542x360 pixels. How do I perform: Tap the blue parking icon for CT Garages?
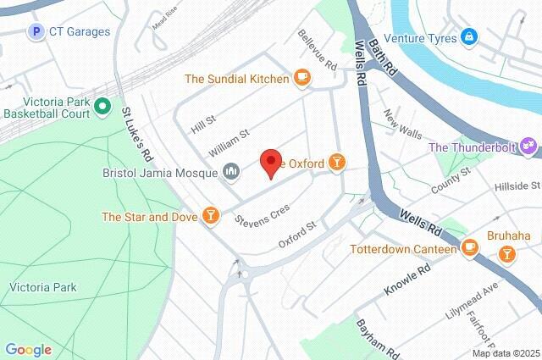[x=36, y=32]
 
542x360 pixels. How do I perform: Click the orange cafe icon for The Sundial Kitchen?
[x=301, y=79]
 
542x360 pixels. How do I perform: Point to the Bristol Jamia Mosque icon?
[x=232, y=174]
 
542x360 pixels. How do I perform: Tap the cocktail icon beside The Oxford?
[x=337, y=162]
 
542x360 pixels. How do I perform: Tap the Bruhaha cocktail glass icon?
[x=506, y=252]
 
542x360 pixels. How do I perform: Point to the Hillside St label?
[x=517, y=186]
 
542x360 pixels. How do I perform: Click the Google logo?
[x=28, y=349]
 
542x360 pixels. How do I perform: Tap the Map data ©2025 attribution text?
[x=506, y=353]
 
